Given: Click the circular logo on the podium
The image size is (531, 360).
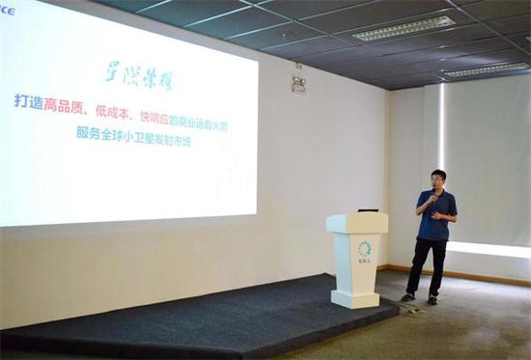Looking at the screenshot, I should pyautogui.click(x=364, y=249).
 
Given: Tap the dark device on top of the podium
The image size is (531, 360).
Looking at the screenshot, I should pyautogui.click(x=368, y=210).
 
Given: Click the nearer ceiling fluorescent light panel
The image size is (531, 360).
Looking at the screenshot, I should pyautogui.click(x=404, y=28).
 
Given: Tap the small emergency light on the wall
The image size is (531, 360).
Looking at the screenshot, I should pyautogui.click(x=299, y=83).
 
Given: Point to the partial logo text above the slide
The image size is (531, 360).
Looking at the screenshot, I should pyautogui.click(x=7, y=11).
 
